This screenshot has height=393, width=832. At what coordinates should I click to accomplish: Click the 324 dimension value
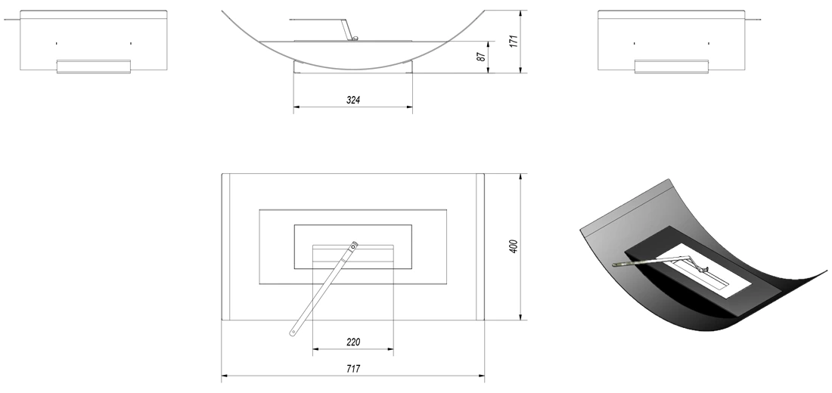coord(353,100)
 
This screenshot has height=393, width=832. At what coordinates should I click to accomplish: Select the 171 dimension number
coord(514,42)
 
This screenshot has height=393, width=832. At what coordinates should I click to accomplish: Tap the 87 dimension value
coord(481,56)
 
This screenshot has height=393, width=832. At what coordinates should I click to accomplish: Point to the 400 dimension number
coord(514,246)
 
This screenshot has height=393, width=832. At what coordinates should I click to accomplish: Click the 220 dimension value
coord(353,342)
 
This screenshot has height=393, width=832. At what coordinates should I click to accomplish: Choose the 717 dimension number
coord(353,369)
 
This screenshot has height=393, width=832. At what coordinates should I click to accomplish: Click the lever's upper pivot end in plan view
coord(355,245)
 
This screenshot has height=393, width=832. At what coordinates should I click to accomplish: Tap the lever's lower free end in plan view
coord(292,333)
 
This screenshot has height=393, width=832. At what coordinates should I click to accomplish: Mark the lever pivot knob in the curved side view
coord(355,39)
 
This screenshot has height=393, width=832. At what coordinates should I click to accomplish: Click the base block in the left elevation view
coord(93,67)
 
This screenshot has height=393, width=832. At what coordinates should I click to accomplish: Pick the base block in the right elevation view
coord(671,67)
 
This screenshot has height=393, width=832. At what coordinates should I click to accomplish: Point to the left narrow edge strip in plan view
coord(226,246)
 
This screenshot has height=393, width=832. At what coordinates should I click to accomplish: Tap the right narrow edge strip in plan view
coord(480,246)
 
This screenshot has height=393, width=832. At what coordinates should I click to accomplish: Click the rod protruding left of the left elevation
coord(11,20)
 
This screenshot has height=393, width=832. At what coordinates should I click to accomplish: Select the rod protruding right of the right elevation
coord(753,20)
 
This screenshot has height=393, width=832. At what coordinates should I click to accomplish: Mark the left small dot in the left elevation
coord(56,43)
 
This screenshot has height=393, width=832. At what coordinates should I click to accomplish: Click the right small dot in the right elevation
coord(709,43)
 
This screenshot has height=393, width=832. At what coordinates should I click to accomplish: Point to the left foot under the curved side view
coord(299,67)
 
